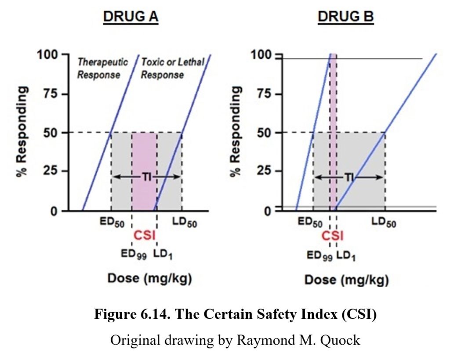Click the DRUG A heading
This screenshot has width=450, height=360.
131,17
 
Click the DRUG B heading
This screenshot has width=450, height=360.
345,17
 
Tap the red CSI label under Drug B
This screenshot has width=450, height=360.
333,236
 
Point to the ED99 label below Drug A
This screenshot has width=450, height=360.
133,254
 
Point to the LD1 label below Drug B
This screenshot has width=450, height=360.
347,254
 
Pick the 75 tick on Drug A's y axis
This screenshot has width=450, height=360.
52,94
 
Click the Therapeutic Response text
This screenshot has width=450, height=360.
102,68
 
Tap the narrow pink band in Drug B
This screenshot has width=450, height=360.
334,132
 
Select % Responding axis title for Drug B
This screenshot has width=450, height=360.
237,132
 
